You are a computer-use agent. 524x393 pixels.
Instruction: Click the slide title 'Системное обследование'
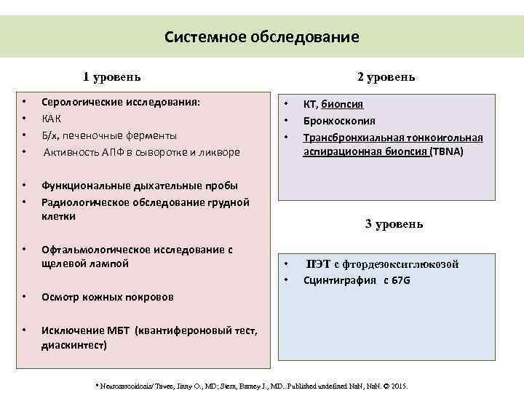coord(261,36)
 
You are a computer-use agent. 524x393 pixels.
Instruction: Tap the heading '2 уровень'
coord(386,77)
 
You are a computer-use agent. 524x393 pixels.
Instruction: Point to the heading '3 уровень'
coord(394,224)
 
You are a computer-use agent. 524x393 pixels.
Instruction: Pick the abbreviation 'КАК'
coord(52,119)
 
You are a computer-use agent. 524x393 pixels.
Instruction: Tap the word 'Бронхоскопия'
coord(339,120)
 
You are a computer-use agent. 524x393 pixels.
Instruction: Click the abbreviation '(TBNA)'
coord(447,152)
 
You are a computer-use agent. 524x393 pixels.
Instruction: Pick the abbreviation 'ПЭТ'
coord(317,265)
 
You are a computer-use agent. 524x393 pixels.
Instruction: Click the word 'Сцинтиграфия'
coord(340,280)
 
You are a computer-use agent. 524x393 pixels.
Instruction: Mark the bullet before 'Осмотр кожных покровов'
coord(25,297)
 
